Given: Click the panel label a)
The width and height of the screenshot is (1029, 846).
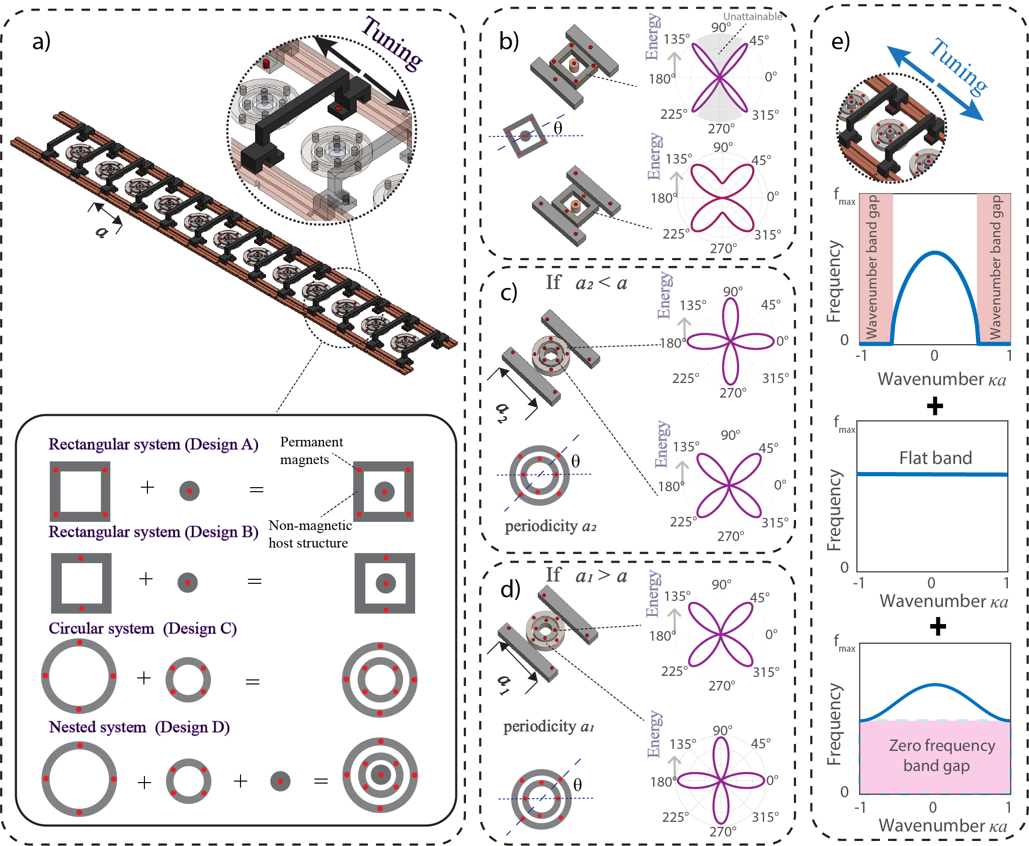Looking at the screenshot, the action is pyautogui.click(x=41, y=41).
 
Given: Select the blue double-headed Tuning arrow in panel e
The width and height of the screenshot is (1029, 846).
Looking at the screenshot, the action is pyautogui.click(x=935, y=83).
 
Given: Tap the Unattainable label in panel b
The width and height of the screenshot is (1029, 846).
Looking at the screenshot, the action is pyautogui.click(x=752, y=16).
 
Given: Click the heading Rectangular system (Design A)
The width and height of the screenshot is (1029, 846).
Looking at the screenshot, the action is pyautogui.click(x=153, y=444).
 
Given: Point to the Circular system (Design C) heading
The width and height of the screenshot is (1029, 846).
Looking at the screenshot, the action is pyautogui.click(x=143, y=629).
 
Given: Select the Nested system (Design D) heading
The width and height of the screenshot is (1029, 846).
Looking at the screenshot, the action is pyautogui.click(x=139, y=727).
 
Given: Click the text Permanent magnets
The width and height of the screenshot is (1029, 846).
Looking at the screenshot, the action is pyautogui.click(x=311, y=450).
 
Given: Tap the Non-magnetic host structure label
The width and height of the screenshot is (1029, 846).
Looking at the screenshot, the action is pyautogui.click(x=310, y=534).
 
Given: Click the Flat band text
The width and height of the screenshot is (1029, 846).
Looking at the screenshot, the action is pyautogui.click(x=935, y=458).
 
